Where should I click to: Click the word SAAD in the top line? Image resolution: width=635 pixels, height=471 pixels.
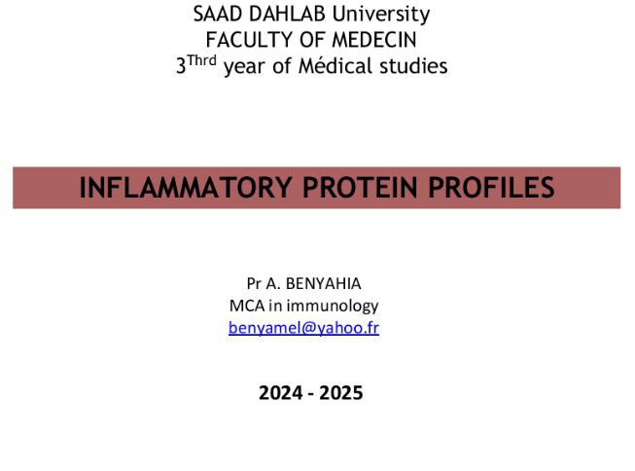218,14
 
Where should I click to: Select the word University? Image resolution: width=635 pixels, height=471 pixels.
381,15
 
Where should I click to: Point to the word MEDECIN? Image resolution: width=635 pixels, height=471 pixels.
374,40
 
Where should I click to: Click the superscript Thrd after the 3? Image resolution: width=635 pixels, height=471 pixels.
201,60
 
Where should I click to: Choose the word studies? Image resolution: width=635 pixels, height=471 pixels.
413,65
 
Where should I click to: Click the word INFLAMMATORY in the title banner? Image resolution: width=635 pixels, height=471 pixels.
186,187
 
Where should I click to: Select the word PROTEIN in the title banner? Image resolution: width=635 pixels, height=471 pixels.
360,187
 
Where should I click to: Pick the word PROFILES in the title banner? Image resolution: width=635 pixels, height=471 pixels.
491,187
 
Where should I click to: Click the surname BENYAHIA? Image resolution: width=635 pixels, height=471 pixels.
323,283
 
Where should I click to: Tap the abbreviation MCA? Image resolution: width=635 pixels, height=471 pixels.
247,306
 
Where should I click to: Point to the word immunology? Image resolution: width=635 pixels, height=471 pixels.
333,306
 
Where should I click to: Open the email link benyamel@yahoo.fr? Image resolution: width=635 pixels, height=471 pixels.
303,328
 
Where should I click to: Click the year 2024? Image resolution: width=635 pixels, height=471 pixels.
281,393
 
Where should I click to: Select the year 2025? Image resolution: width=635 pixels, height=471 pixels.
341,393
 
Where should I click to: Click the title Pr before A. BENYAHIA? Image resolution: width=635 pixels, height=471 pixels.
253,283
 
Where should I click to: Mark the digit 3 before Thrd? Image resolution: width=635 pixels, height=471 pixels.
181,65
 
